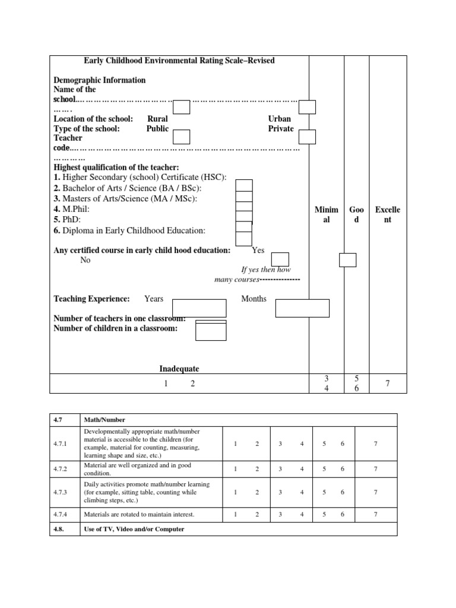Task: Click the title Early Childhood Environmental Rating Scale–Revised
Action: [x=179, y=61]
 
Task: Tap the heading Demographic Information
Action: [x=99, y=80]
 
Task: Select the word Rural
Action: [x=157, y=119]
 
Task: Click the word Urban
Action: [x=280, y=119]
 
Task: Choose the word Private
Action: [x=280, y=128]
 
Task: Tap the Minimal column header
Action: [x=327, y=214]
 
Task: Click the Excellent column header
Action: [x=388, y=214]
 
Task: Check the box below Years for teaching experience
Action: [x=199, y=308]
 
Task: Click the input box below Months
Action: [x=302, y=308]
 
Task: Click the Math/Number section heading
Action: [x=105, y=420]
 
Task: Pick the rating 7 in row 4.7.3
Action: [x=375, y=492]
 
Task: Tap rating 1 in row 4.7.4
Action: [x=236, y=514]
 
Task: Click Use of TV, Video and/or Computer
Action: [x=134, y=529]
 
